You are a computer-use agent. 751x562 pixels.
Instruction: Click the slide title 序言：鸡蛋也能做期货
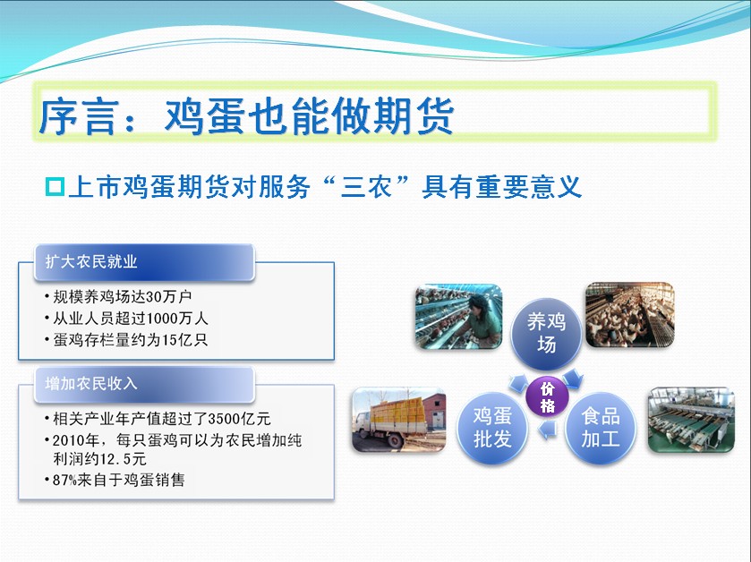click(247, 115)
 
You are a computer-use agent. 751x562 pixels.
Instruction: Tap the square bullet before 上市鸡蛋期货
click(55, 187)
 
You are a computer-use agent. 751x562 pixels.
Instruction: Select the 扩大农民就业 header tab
click(144, 262)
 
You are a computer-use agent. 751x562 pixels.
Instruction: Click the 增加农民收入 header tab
click(144, 384)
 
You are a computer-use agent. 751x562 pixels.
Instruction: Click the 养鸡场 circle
click(547, 334)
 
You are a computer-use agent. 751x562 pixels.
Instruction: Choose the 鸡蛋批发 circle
click(492, 428)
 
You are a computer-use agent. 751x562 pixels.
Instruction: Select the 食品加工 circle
click(601, 428)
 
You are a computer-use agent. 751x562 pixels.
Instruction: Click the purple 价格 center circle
click(547, 396)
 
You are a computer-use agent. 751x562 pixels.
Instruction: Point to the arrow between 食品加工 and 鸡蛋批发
click(548, 430)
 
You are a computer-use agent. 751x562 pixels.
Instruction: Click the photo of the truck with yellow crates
click(399, 420)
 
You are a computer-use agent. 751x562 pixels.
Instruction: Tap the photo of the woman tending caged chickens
click(458, 317)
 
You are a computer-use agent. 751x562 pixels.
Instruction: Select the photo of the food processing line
click(691, 420)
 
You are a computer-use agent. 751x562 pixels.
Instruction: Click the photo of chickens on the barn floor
click(630, 314)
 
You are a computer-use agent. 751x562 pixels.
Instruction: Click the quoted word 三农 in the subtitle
click(366, 187)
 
